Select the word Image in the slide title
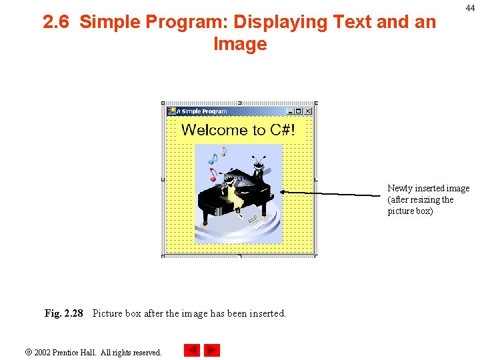240,45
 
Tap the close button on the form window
308,111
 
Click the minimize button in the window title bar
290,111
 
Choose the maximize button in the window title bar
299,111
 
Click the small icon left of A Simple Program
171,111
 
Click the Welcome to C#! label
238,130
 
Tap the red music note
213,175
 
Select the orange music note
223,152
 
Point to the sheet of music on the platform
253,221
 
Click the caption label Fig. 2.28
64,313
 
